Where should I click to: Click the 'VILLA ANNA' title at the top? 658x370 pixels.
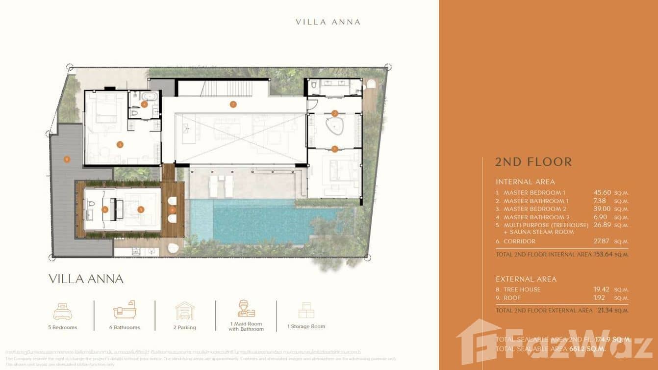328,22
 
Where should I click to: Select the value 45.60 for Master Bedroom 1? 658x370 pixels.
602,193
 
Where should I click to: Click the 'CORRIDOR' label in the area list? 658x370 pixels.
519,241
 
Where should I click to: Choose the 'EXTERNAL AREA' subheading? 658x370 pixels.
526,279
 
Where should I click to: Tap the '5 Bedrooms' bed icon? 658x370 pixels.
62,312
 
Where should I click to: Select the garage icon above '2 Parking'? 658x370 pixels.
185,311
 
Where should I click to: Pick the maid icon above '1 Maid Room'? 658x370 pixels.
246,310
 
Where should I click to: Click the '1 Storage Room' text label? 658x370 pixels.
306,327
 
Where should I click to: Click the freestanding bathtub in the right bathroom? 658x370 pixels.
334,126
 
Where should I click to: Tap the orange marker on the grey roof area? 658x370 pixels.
67,159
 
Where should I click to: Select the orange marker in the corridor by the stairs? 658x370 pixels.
233,104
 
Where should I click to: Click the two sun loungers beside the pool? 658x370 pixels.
221,185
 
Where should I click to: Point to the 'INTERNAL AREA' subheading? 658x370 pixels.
525,182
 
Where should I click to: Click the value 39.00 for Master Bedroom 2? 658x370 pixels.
602,209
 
